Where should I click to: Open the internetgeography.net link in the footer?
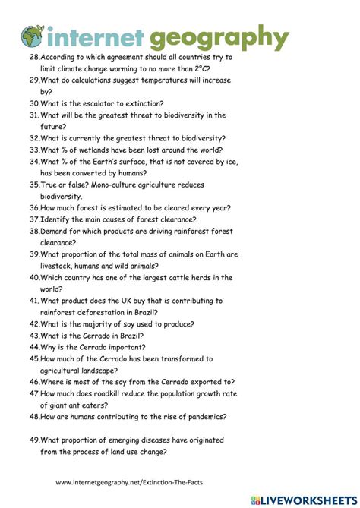tap(134, 482)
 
